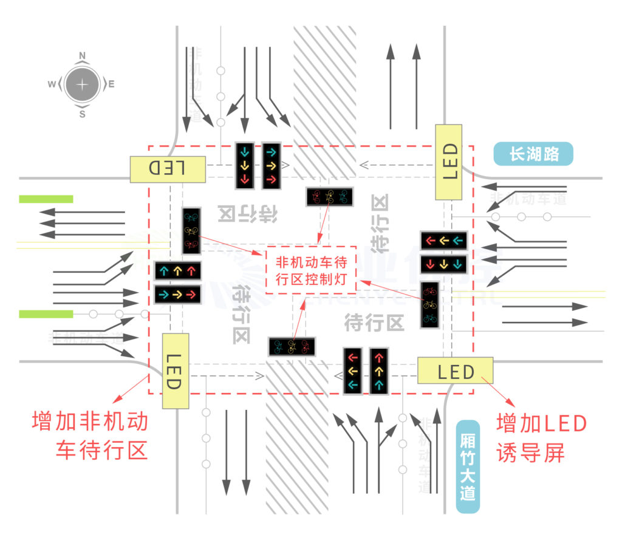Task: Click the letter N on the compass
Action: pyautogui.click(x=83, y=55)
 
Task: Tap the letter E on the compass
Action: pyautogui.click(x=112, y=84)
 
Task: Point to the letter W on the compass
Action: pyautogui.click(x=52, y=84)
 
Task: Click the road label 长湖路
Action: pyautogui.click(x=533, y=154)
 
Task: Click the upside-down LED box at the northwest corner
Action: pyautogui.click(x=168, y=168)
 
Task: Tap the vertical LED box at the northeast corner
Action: pyautogui.click(x=449, y=162)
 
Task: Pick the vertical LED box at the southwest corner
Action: pyautogui.click(x=175, y=371)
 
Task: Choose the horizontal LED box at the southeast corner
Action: pyautogui.click(x=455, y=371)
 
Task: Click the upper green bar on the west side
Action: pyautogui.click(x=46, y=199)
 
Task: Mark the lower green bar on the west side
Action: pyautogui.click(x=46, y=314)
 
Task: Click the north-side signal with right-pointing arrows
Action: pyautogui.click(x=272, y=165)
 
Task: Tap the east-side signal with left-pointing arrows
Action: pyautogui.click(x=443, y=241)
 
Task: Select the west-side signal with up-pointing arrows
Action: pyautogui.click(x=177, y=270)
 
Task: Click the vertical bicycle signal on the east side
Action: pyautogui.click(x=430, y=305)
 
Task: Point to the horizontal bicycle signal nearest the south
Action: pyautogui.click(x=292, y=346)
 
